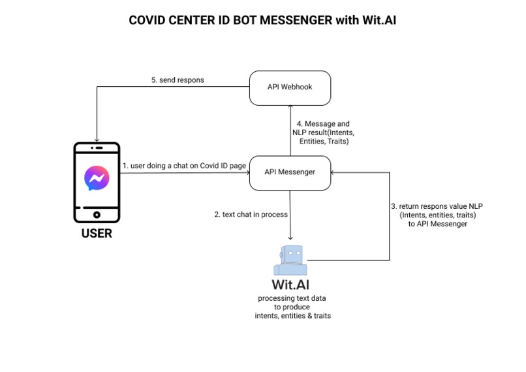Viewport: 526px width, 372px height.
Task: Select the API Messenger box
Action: coord(290,172)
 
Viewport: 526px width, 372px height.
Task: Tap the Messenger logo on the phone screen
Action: coord(96,178)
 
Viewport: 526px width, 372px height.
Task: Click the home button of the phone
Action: coord(96,213)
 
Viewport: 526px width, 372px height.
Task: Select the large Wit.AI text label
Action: coord(291,285)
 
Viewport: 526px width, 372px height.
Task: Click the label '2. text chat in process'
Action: coord(251,213)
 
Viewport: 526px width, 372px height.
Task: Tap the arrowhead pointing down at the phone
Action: coord(97,138)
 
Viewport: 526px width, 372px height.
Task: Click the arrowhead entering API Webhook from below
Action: coord(290,108)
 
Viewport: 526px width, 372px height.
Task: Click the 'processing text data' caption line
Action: coord(291,298)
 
